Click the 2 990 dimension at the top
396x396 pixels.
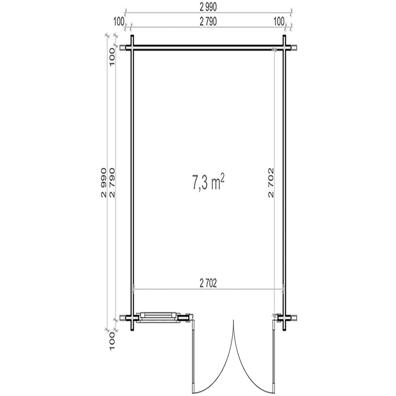[x=208, y=7]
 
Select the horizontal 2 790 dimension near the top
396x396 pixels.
[x=208, y=22]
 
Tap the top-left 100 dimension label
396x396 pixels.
[x=119, y=22]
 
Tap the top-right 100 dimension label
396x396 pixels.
[x=279, y=22]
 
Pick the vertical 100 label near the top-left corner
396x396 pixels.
[x=112, y=57]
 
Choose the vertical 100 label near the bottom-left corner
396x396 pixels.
[x=112, y=341]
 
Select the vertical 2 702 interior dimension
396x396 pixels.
[x=271, y=182]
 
